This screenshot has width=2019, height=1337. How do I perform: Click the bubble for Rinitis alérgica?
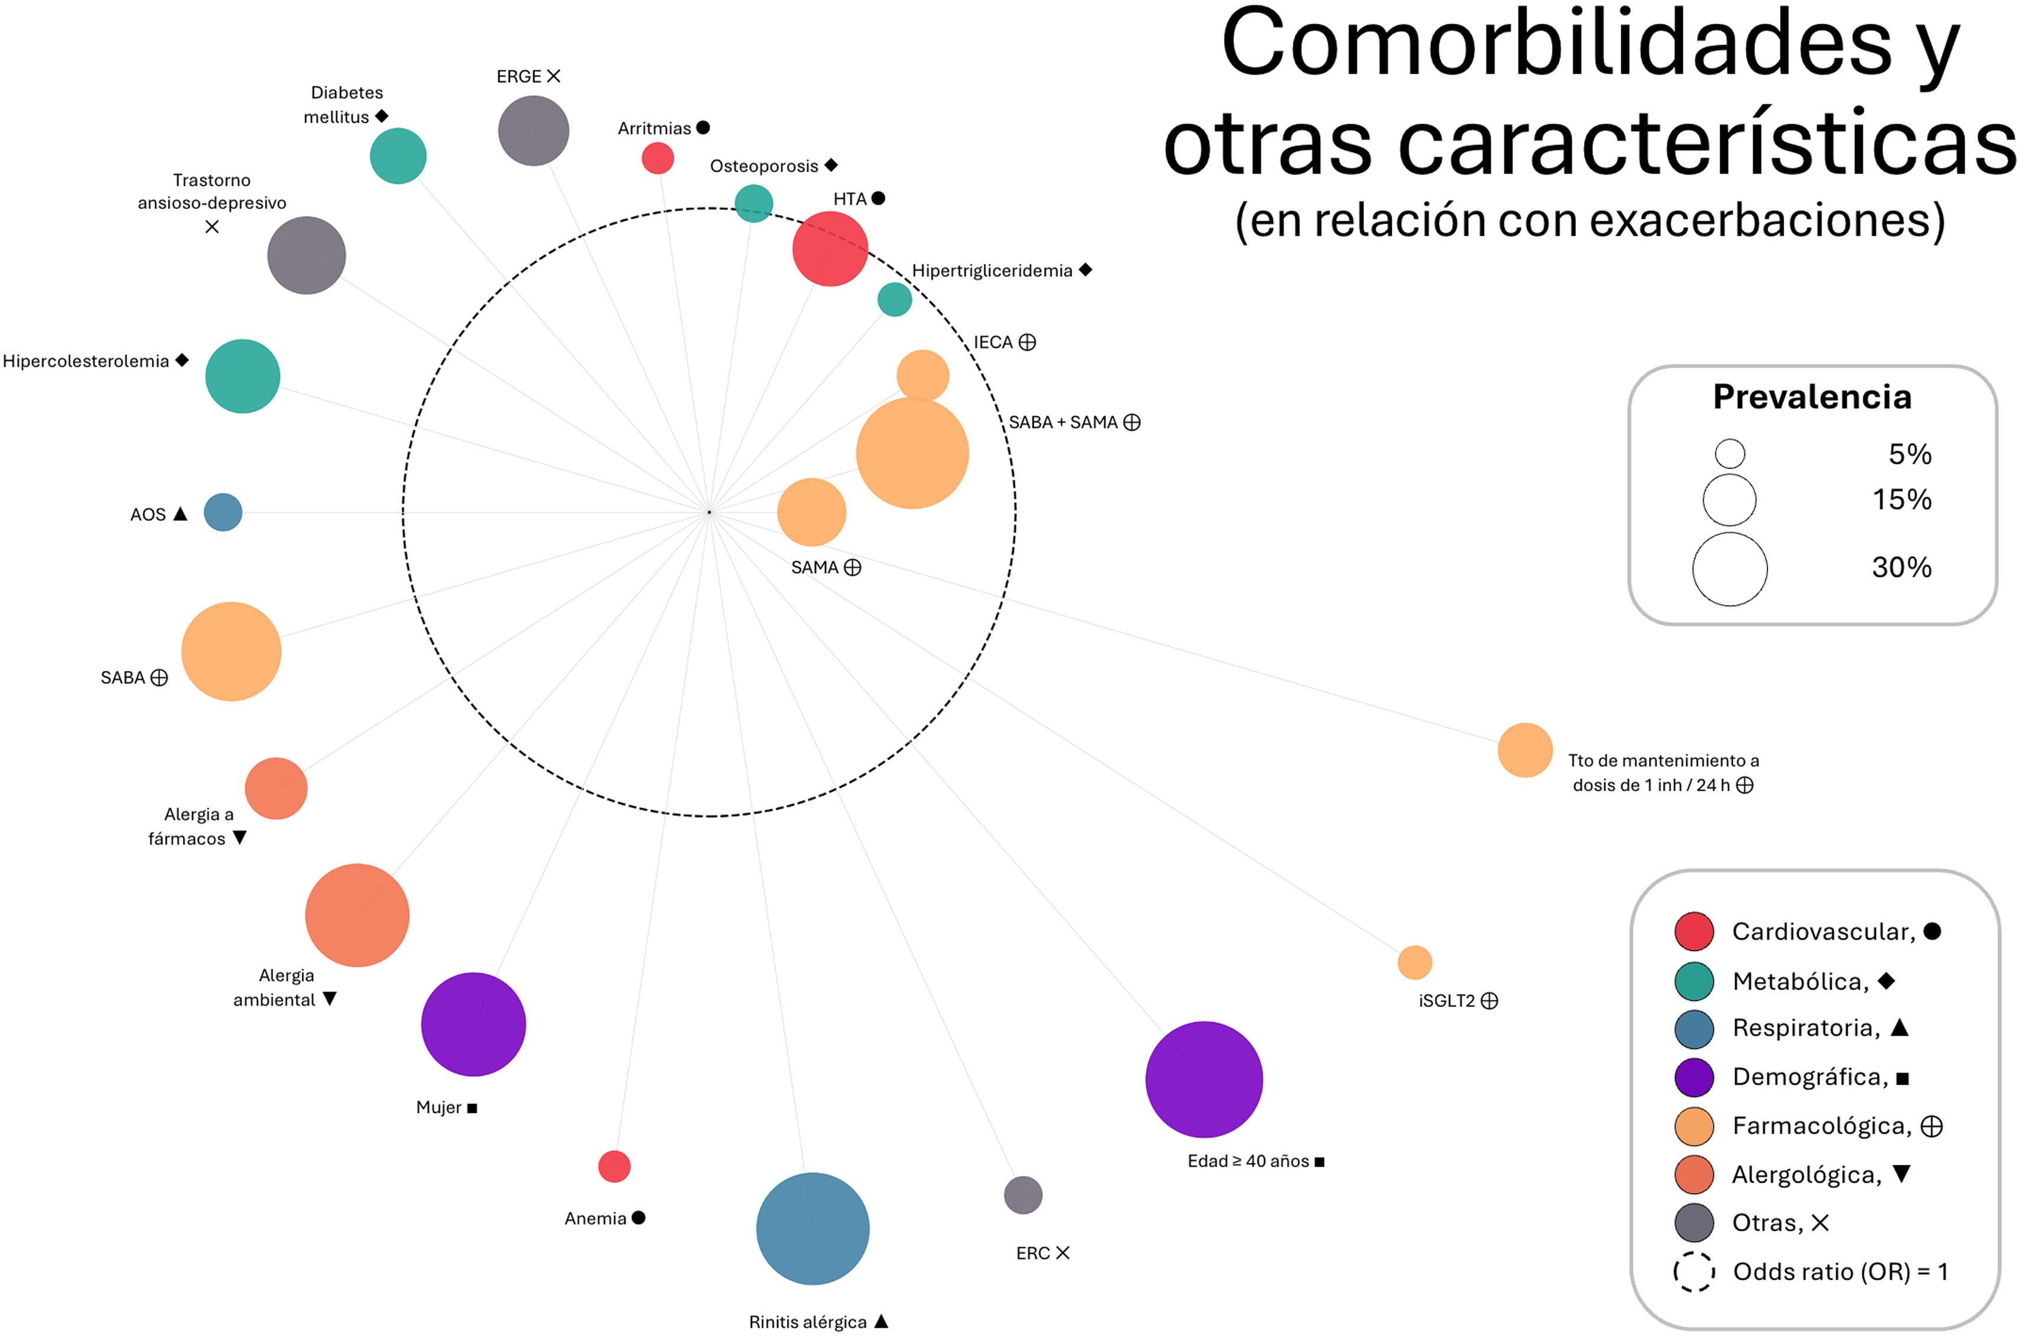812,1228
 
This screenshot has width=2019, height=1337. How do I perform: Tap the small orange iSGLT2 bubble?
1414,962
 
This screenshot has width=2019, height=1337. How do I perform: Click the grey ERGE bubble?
533,131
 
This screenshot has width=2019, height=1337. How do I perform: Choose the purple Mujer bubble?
473,1023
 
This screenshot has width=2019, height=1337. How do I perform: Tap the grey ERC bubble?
1023,1194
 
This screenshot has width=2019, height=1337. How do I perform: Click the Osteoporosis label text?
764,166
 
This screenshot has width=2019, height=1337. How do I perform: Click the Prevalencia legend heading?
1812,396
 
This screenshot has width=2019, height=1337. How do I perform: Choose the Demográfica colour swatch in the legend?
1694,1077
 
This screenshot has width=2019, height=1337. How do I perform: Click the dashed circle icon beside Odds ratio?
1694,1271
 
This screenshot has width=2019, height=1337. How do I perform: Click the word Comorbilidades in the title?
1554,44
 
